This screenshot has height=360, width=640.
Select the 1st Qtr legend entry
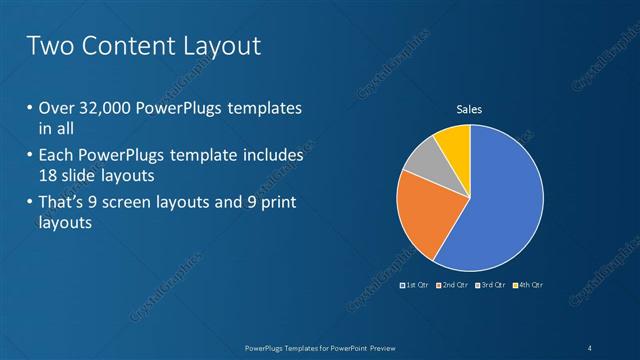point(415,286)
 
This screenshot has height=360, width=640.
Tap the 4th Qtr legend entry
point(527,286)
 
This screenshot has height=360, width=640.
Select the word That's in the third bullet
point(63,204)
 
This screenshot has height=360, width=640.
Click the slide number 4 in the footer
point(591,347)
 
